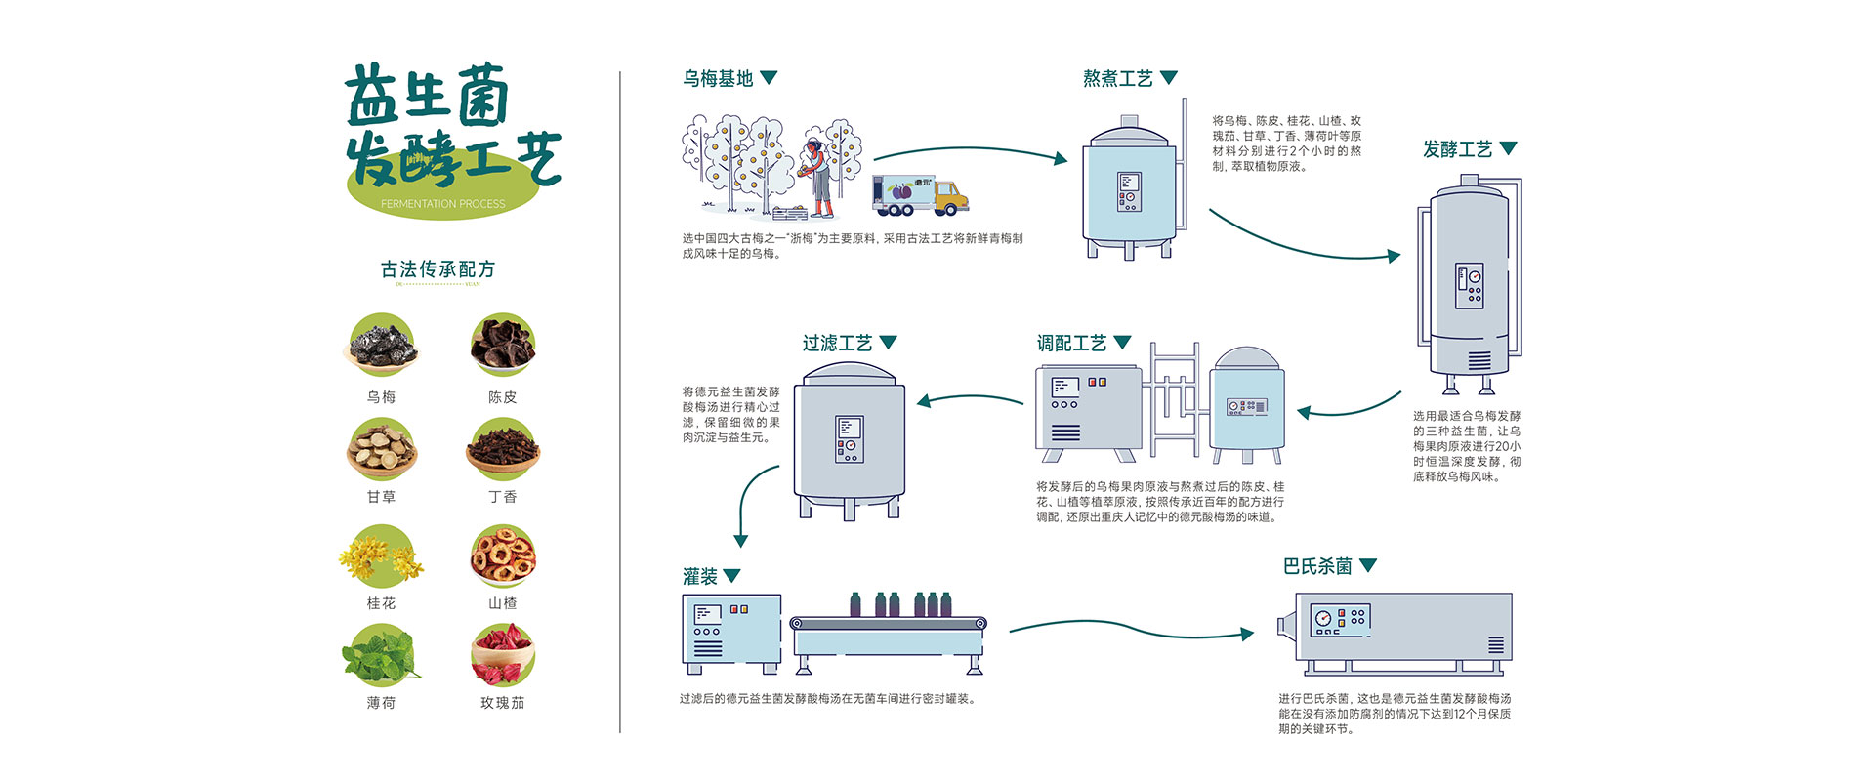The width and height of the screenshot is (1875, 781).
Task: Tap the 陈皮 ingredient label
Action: pos(502,397)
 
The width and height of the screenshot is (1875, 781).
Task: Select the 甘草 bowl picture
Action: pos(382,450)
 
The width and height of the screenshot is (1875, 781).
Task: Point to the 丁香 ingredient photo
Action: pos(502,450)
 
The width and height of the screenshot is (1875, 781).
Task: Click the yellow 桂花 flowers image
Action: pos(382,556)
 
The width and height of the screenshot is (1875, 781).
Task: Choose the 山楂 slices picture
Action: pos(502,556)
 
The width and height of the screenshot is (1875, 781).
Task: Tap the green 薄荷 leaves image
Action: pos(382,656)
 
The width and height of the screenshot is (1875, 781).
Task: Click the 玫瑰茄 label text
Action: pos(502,703)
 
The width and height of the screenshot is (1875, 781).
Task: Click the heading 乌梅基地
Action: pos(718,78)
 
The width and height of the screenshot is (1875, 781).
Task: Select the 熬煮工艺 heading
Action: pos(1117,78)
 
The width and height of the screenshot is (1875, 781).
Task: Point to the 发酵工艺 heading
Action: pos(1457,149)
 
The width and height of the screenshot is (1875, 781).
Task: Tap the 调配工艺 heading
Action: pos(1071,344)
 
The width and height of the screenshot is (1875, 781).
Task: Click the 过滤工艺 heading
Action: pos(837,344)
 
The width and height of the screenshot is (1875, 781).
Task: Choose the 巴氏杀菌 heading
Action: pos(1317,566)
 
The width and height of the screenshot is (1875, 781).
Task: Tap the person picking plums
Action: pos(816,176)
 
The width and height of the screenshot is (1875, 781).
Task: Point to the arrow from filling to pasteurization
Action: pos(1131,628)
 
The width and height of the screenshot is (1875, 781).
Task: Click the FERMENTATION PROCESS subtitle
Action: pos(443,204)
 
